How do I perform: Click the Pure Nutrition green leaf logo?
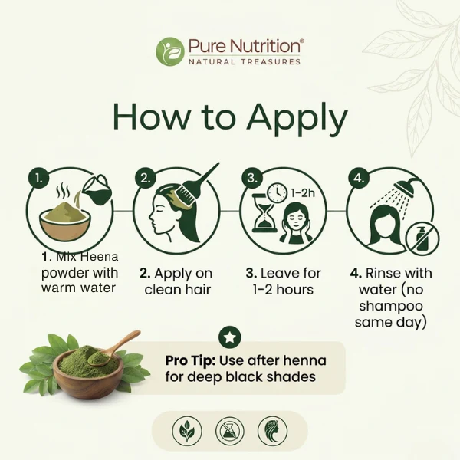pos(170,51)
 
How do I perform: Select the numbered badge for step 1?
pos(39,179)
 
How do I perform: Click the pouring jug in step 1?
pos(98,189)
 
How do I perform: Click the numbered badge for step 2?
pos(146,179)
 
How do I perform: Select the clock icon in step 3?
pos(278,192)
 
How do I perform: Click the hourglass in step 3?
pos(265,214)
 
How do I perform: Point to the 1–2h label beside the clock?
pos(303,192)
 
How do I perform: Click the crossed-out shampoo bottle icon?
pos(422,238)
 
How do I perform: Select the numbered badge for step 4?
pos(359,179)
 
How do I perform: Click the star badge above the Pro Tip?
pos(230,337)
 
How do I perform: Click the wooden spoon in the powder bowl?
pos(115,348)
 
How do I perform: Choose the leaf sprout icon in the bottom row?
pos(187,431)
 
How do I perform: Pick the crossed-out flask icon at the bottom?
pos(230,431)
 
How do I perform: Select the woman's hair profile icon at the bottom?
pos(272,431)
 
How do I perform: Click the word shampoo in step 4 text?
pos(391,306)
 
